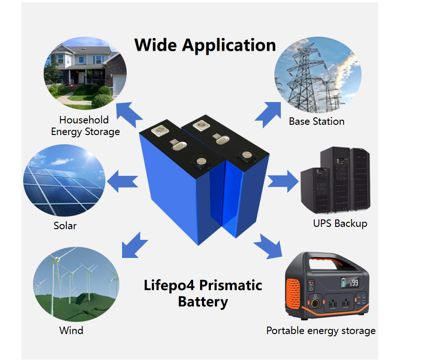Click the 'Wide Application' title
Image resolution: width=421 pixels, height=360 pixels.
click(x=205, y=45)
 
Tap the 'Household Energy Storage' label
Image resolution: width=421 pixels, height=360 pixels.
click(x=85, y=126)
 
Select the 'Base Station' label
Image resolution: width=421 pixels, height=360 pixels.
click(x=317, y=122)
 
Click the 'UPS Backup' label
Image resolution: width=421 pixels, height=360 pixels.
click(x=340, y=223)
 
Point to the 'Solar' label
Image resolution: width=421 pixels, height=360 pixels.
click(x=65, y=226)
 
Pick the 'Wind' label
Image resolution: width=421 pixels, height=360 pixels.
click(x=71, y=330)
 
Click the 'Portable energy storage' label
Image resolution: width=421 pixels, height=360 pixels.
click(x=321, y=331)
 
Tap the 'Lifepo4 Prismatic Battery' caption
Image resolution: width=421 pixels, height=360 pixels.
click(x=203, y=293)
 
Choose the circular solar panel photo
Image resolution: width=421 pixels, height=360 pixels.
click(x=64, y=180)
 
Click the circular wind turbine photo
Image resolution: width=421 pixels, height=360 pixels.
click(x=76, y=283)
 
